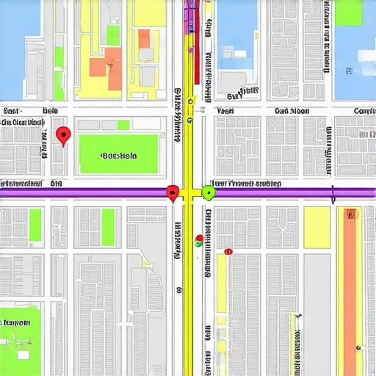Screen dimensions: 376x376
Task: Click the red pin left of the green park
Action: tap(63, 135)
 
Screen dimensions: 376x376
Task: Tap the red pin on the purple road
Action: tap(173, 192)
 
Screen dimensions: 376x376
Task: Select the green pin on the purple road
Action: tap(208, 192)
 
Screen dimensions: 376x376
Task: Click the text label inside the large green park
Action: tap(119, 156)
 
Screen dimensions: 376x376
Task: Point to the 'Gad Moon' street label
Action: tap(292, 112)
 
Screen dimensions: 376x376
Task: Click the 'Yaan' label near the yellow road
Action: tap(225, 112)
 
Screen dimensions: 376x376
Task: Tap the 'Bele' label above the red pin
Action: tap(50, 111)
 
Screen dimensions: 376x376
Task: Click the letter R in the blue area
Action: tap(349, 70)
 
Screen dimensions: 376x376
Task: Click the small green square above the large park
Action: tap(123, 125)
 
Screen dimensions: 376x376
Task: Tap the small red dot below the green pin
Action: tap(198, 238)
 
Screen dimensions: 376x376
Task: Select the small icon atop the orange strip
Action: tap(351, 214)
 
